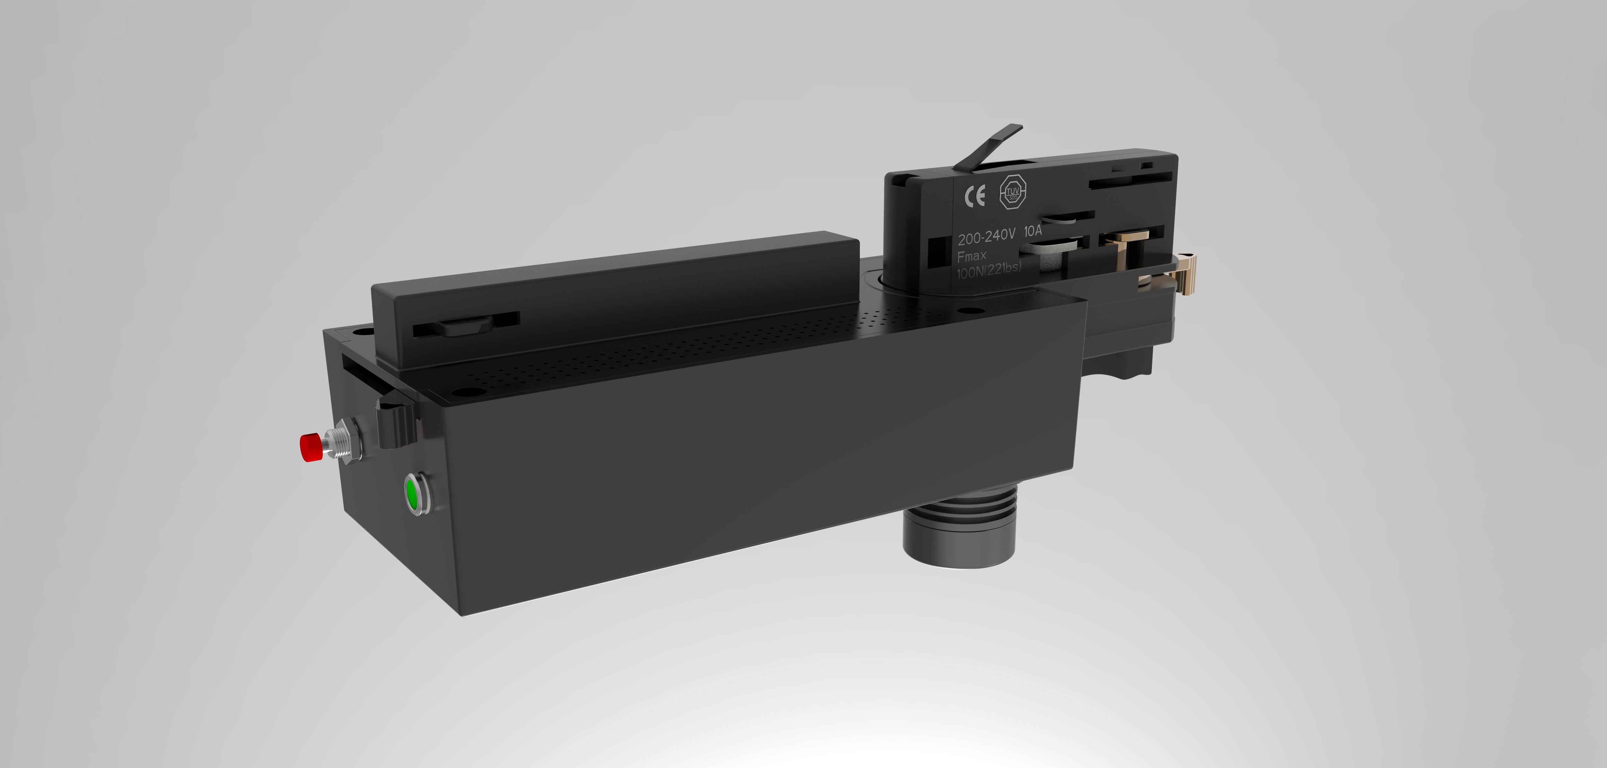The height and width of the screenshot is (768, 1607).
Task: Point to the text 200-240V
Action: click(x=986, y=237)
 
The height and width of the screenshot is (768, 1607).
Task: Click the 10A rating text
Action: click(x=1033, y=231)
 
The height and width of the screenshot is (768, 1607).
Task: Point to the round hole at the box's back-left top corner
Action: click(x=361, y=331)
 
